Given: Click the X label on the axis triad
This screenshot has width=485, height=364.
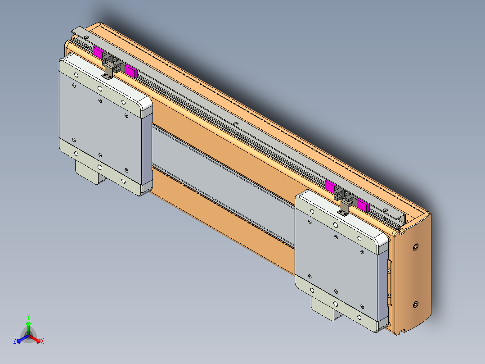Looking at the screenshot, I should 42,341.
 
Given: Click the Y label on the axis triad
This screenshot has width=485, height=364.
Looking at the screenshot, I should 28,317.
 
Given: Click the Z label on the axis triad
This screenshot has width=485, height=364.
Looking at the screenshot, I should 15,341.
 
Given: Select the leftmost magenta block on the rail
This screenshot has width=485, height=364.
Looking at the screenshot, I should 98,52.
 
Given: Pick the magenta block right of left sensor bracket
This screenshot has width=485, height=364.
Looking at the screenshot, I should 130,70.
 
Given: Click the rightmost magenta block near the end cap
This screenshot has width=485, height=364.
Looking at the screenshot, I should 363,205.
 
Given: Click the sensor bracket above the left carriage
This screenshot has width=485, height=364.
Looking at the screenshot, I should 108,68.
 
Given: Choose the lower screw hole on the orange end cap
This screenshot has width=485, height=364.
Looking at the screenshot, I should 415,305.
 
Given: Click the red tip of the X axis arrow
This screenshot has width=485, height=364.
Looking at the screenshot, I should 39,340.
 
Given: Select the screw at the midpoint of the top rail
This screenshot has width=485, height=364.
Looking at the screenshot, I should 235,123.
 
